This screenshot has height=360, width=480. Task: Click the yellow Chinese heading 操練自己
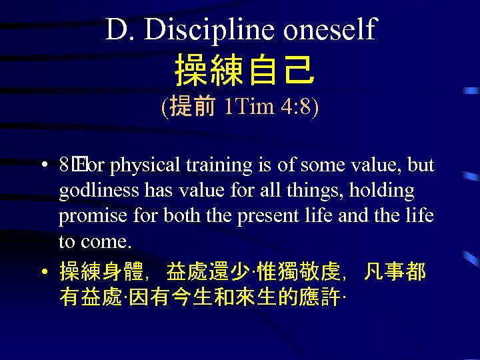[243, 71]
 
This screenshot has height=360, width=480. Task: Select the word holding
[386, 191]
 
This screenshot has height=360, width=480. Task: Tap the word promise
[90, 216]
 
